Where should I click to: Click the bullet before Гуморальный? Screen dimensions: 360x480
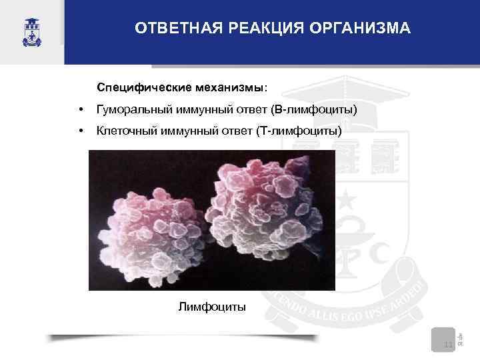tap(80, 109)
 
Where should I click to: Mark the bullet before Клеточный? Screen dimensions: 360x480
tap(80, 131)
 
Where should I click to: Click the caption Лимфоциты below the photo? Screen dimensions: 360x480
tap(212, 307)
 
